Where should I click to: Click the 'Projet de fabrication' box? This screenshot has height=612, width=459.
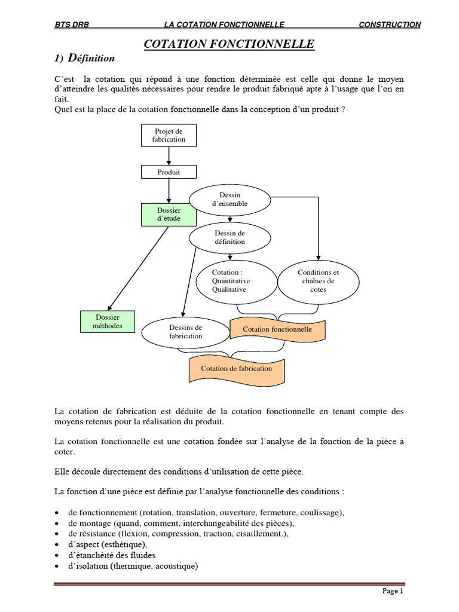pos(169,135)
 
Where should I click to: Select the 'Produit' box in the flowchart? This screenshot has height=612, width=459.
pos(169,172)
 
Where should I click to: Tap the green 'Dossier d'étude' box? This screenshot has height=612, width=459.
pos(169,215)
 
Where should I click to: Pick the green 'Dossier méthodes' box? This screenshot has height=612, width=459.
pos(108,322)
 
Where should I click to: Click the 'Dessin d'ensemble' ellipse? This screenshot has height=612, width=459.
pos(229,200)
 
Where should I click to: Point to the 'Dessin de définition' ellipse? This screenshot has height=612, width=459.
pos(229,237)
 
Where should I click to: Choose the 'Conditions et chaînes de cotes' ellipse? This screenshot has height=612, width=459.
pos(318,281)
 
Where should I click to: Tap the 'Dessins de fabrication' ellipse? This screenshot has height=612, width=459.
pos(186,332)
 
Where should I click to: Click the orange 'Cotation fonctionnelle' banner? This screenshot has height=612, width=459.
pos(277,329)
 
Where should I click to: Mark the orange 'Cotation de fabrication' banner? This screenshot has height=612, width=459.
pos(237,368)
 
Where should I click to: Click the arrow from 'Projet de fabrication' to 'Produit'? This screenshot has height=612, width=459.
pos(169,155)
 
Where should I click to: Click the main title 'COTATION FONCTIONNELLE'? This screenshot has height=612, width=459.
pos(229,44)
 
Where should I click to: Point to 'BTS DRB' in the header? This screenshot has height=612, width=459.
pos(71,25)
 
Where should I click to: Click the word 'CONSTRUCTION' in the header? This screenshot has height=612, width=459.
pos(390,25)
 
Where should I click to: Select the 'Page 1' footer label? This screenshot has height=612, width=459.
pos(393,592)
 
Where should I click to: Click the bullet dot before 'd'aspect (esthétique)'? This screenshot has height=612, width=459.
pos(56,545)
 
